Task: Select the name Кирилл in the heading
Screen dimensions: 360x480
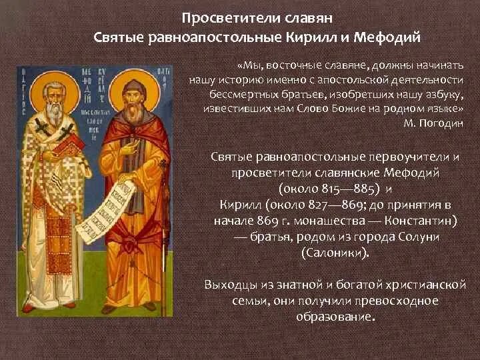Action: pyautogui.click(x=335, y=35)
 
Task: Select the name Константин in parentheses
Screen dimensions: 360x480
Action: pyautogui.click(x=415, y=219)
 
